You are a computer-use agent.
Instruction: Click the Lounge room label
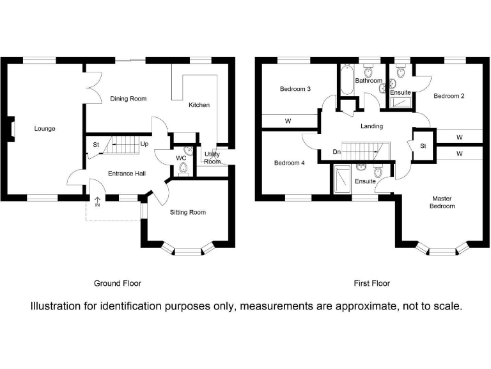pyautogui.click(x=45, y=129)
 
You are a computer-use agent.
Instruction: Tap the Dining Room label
pyautogui.click(x=129, y=99)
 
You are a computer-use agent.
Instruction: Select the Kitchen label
pyautogui.click(x=199, y=105)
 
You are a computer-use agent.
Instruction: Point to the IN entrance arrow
pyautogui.click(x=97, y=202)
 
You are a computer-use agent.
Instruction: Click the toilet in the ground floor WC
pyautogui.click(x=183, y=169)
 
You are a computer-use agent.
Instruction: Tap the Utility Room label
pyautogui.click(x=212, y=158)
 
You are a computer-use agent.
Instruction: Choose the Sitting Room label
pyautogui.click(x=188, y=212)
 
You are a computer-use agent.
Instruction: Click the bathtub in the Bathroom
pyautogui.click(x=347, y=79)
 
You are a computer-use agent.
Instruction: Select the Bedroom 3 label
pyautogui.click(x=295, y=89)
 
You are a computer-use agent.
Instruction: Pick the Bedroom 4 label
pyautogui.click(x=290, y=163)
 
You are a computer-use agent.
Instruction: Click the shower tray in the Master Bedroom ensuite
pyautogui.click(x=342, y=179)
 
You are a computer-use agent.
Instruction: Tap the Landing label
pyautogui.click(x=371, y=126)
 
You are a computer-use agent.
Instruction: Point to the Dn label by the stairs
pyautogui.click(x=337, y=152)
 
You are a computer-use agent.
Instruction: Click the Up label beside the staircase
pyautogui.click(x=144, y=143)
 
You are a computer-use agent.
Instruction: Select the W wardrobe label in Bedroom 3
pyautogui.click(x=288, y=121)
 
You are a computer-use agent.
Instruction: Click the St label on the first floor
pyautogui.click(x=423, y=146)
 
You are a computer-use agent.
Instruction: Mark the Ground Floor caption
pyautogui.click(x=118, y=283)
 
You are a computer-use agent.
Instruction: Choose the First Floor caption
pyautogui.click(x=372, y=283)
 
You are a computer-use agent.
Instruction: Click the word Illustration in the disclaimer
pyautogui.click(x=56, y=306)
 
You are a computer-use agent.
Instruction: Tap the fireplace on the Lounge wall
pyautogui.click(x=11, y=129)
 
